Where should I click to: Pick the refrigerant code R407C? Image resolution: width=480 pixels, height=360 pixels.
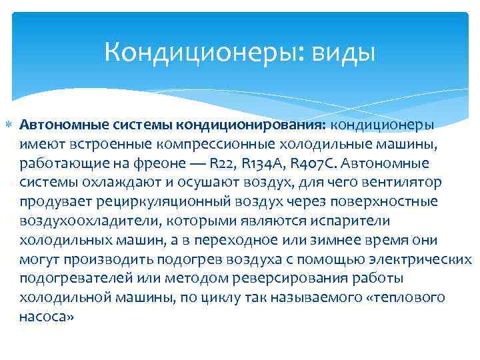tap(305, 163)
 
